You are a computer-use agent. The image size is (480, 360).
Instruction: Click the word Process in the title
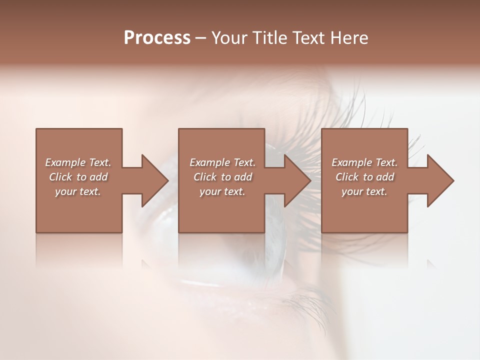[157, 38]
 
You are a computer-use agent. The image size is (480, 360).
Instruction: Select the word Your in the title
[229, 38]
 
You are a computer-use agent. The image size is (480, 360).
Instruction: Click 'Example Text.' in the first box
[78, 162]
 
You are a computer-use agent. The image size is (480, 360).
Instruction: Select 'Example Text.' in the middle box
[222, 162]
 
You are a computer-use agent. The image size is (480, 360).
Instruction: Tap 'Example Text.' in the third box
[364, 162]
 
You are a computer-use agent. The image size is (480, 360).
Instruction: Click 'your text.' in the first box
[78, 191]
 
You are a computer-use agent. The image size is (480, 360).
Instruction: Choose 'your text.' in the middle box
[222, 191]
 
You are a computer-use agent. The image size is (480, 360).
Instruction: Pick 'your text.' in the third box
[364, 191]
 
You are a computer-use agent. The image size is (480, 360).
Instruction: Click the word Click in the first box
[60, 177]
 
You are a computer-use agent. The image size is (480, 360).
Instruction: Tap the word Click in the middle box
[205, 177]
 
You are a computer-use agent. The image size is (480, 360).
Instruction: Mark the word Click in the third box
[347, 177]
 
